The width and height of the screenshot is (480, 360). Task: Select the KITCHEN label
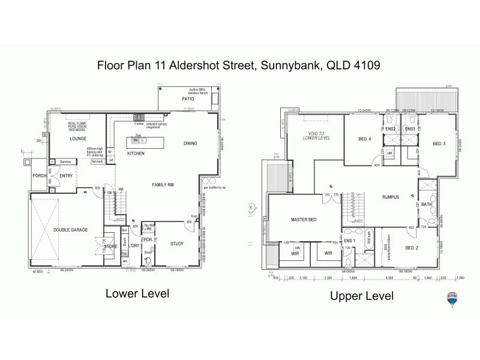click(136, 154)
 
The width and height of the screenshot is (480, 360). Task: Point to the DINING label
click(190, 143)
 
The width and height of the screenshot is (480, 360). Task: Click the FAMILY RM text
click(162, 184)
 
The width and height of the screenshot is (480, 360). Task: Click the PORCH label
click(40, 175)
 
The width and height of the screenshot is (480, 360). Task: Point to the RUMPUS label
click(390, 196)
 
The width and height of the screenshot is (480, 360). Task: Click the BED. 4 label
click(365, 139)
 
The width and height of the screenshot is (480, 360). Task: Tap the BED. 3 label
click(439, 143)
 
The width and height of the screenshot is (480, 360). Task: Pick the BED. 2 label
click(411, 247)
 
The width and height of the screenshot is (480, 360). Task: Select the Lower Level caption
click(137, 293)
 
